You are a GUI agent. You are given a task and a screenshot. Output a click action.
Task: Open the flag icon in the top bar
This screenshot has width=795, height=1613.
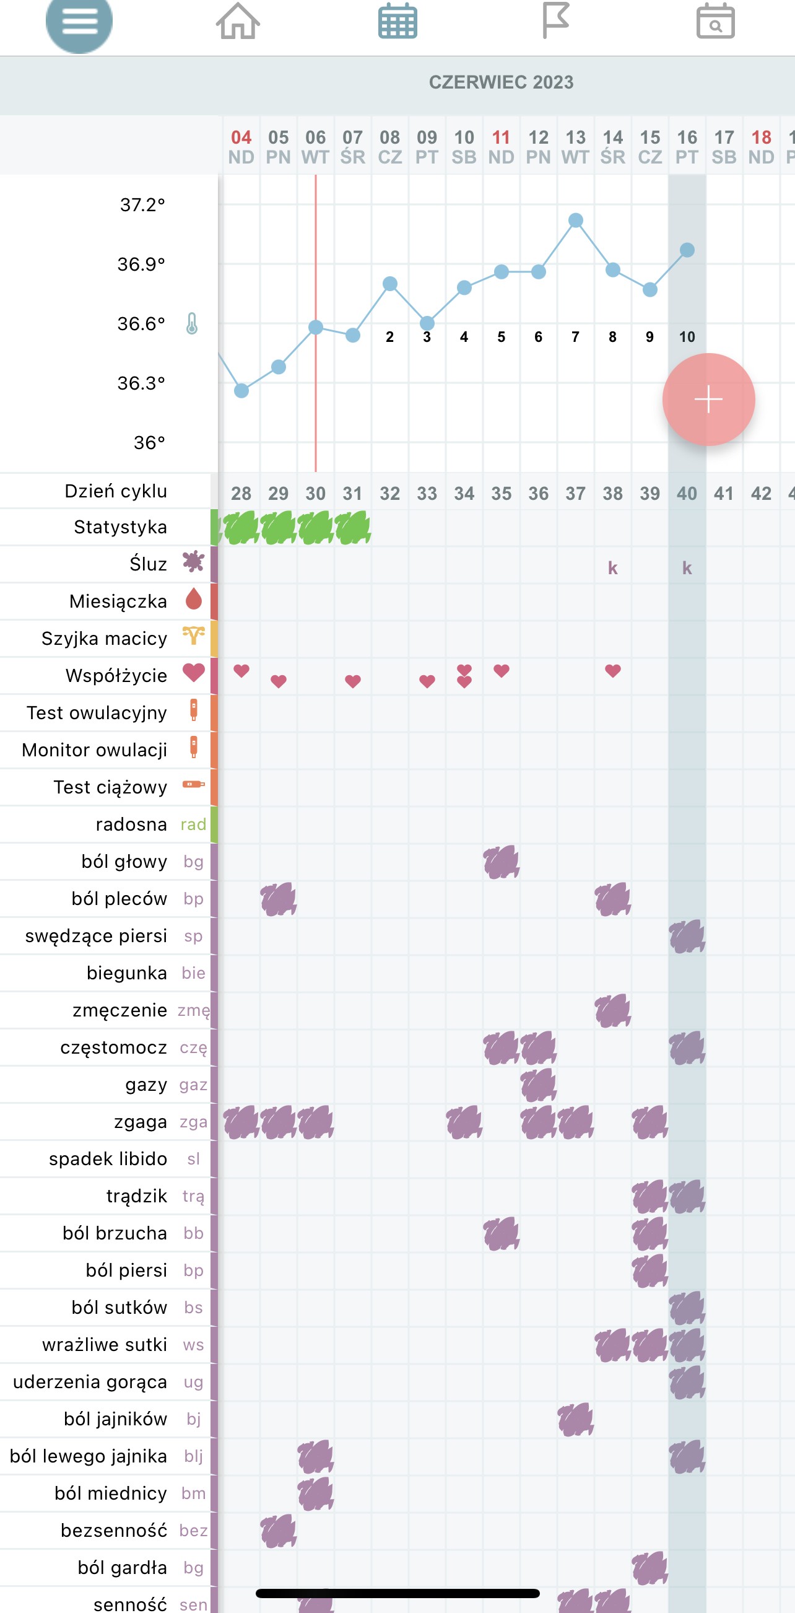pyautogui.click(x=555, y=20)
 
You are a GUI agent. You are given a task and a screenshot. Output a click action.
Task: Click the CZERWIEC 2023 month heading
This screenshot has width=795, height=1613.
pyautogui.click(x=501, y=82)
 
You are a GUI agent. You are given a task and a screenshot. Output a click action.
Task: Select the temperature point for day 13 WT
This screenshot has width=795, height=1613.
pyautogui.click(x=576, y=221)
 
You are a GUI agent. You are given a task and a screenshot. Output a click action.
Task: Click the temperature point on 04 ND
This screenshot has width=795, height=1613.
pyautogui.click(x=241, y=391)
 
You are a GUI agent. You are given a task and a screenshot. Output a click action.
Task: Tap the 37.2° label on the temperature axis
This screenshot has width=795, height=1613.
pyautogui.click(x=142, y=205)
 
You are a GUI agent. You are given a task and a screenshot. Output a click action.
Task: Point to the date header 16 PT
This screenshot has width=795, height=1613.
pyautogui.click(x=687, y=147)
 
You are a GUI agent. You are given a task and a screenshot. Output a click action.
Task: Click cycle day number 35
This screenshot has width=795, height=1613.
pyautogui.click(x=501, y=494)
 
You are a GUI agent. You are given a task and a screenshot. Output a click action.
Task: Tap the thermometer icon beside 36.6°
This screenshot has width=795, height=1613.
pyautogui.click(x=192, y=324)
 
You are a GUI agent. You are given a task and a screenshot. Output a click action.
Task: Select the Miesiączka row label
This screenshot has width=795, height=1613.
pyautogui.click(x=118, y=601)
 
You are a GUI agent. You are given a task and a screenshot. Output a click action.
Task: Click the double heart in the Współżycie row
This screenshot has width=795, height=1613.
pyautogui.click(x=464, y=676)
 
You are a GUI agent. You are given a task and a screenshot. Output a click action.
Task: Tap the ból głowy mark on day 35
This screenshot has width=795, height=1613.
pyautogui.click(x=501, y=862)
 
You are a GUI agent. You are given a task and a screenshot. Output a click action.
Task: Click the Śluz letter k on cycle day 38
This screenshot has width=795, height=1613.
pyautogui.click(x=613, y=568)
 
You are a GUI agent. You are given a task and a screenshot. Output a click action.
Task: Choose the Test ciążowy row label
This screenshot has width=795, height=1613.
pyautogui.click(x=110, y=787)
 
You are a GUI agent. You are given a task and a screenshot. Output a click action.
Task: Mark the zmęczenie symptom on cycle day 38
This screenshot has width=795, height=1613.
pyautogui.click(x=613, y=1010)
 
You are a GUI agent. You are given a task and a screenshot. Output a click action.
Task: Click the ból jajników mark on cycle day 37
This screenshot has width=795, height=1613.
pyautogui.click(x=575, y=1419)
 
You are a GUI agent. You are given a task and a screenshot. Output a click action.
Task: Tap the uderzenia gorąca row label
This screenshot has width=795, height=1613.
pyautogui.click(x=90, y=1382)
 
